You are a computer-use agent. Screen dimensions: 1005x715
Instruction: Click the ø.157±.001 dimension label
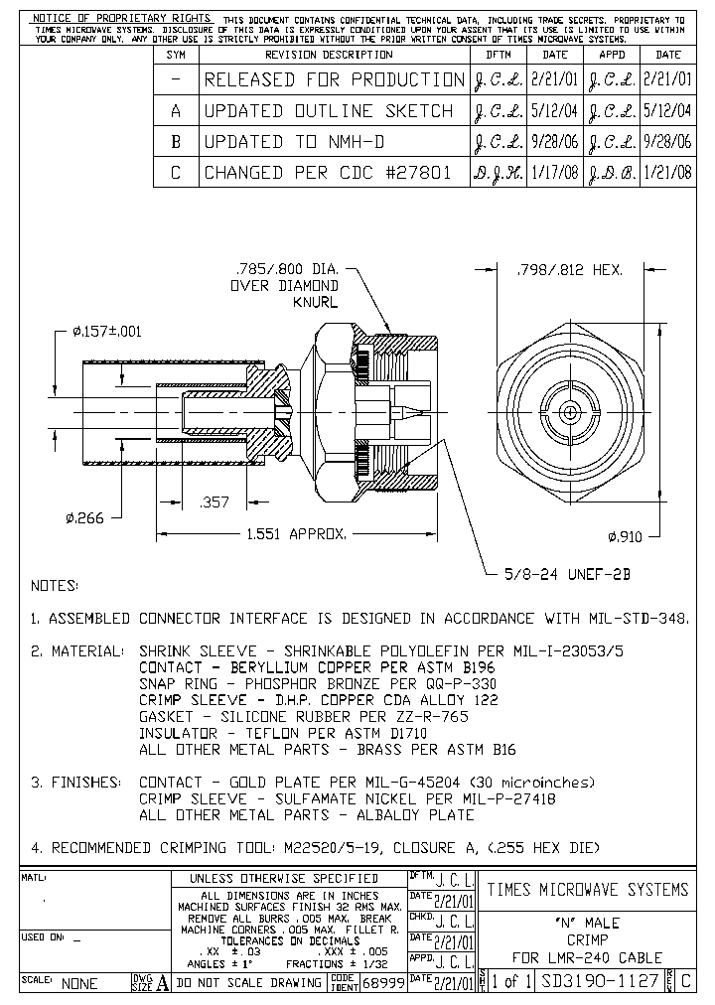106,332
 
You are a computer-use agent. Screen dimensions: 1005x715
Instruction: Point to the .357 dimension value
214,503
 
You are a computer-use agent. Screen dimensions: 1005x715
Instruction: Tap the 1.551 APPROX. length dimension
297,534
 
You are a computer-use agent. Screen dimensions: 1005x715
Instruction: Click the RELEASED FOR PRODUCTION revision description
334,79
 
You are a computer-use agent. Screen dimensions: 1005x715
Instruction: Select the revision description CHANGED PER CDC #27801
328,173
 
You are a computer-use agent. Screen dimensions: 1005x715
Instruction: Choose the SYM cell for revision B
176,142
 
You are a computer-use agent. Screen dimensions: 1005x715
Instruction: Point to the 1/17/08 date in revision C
554,173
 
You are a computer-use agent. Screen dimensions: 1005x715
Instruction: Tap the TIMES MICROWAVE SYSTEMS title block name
587,889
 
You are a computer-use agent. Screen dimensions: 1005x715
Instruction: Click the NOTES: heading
55,586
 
